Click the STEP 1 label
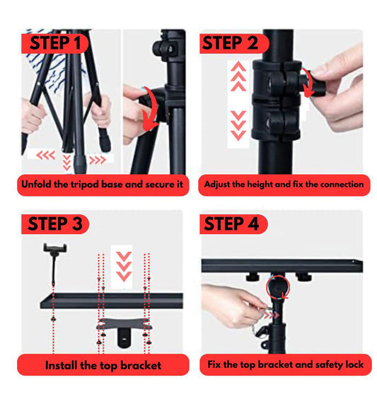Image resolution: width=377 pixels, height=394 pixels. (54, 43)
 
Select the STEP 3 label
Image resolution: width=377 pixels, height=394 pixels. (55, 224)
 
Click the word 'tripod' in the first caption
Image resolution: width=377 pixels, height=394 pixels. (84, 185)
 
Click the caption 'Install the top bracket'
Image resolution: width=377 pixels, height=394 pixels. (103, 365)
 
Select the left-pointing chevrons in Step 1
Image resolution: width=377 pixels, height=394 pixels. (45, 156)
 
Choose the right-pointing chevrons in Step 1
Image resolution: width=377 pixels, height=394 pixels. (98, 160)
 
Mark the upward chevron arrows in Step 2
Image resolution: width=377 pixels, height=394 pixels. (238, 76)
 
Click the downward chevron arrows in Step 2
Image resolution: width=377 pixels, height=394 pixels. (238, 125)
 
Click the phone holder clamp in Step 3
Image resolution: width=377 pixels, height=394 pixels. (55, 249)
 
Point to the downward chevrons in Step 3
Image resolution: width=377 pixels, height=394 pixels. (124, 267)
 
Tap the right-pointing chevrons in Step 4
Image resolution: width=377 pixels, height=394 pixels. (271, 315)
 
